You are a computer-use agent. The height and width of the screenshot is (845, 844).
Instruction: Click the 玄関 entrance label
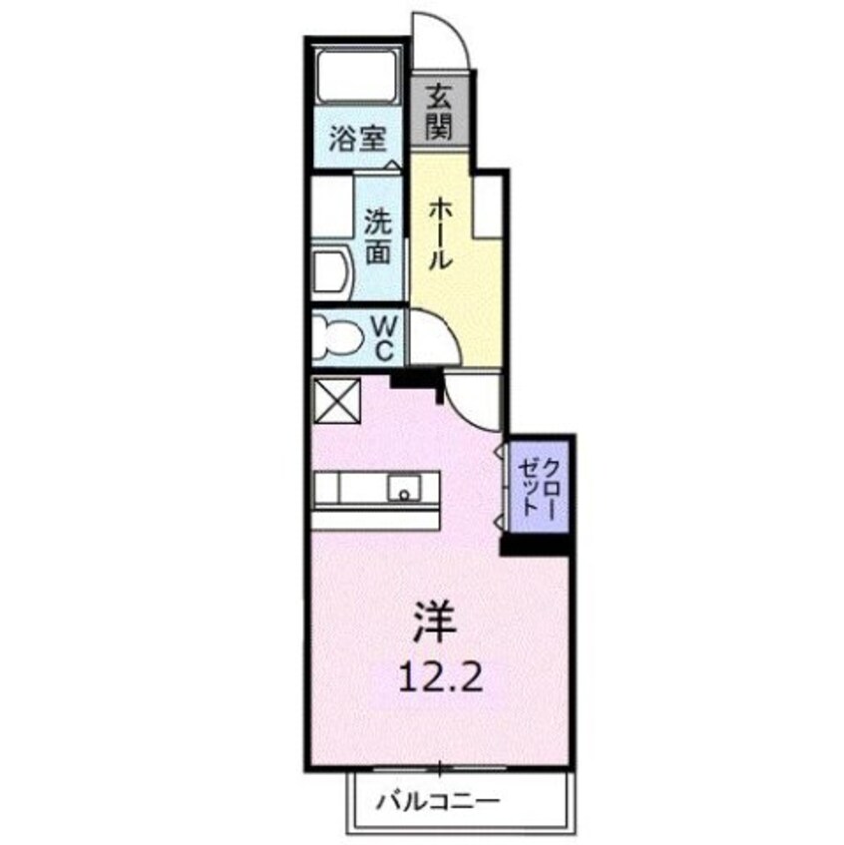[x=439, y=112]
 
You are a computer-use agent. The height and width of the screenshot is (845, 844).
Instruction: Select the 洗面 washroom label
[x=377, y=235]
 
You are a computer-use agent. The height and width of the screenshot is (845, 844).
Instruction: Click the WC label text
[x=386, y=337]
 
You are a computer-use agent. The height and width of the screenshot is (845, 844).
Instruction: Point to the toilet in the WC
[x=334, y=337]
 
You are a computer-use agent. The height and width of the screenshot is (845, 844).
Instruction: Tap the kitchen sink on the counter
[x=403, y=489]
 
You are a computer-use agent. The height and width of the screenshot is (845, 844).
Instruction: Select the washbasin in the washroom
[x=329, y=270]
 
